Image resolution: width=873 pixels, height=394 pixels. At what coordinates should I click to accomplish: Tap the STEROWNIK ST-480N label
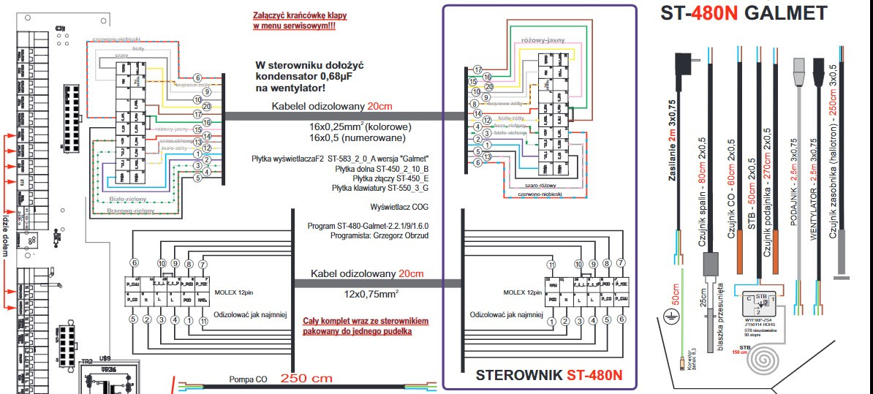click(548, 376)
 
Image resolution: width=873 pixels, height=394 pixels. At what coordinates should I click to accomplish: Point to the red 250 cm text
click(306, 379)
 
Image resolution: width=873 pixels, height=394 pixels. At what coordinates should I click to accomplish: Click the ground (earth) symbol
click(670, 315)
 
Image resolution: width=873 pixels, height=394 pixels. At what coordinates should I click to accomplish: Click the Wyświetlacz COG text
click(399, 207)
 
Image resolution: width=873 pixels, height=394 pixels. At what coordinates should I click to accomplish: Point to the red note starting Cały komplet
click(366, 326)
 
